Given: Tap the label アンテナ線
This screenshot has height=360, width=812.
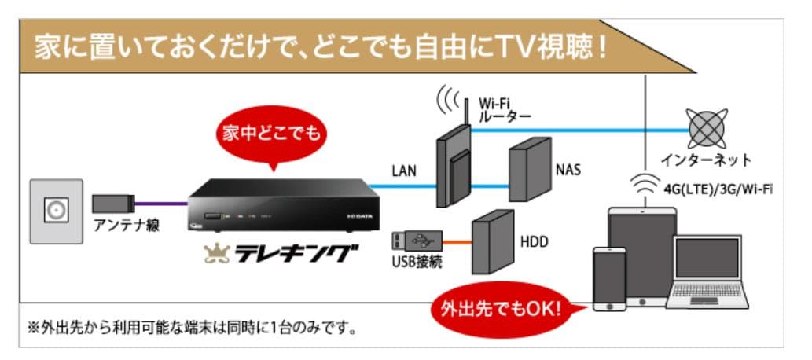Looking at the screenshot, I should [127, 226].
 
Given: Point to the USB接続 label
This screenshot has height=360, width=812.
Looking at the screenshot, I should [416, 261].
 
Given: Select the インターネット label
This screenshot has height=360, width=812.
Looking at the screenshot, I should [705, 160].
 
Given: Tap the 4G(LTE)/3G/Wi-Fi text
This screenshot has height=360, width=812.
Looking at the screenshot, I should [709, 189].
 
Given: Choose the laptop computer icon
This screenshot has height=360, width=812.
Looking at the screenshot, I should [707, 272].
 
